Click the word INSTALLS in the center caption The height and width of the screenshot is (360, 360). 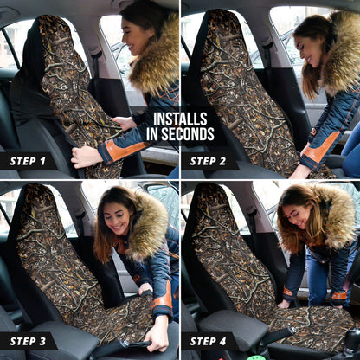[180, 119]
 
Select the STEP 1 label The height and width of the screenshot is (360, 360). [28, 161]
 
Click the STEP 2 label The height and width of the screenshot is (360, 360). [208, 161]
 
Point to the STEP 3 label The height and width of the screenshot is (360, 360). [28, 341]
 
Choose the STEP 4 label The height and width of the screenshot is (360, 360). [208, 341]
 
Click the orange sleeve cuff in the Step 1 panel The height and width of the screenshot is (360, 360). [124, 150]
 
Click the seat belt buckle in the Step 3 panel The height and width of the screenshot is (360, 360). [125, 344]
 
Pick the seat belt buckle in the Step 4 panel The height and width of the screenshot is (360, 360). [292, 331]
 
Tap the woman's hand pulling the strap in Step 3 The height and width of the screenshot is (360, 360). [157, 336]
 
